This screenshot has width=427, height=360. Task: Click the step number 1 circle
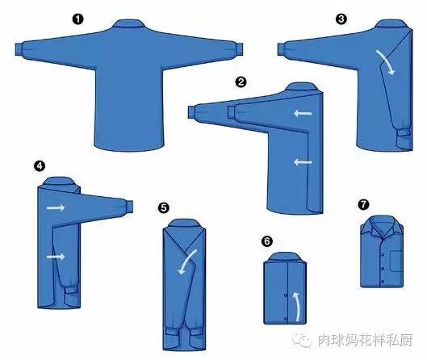pyautogui.click(x=77, y=19)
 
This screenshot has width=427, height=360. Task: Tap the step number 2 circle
pyautogui.click(x=241, y=82)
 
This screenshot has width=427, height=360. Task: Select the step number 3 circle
pyautogui.click(x=341, y=19)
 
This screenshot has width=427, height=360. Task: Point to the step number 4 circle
pyautogui.click(x=40, y=165)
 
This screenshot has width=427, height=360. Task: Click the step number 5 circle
pyautogui.click(x=164, y=208)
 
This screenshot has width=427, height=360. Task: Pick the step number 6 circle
pyautogui.click(x=267, y=241)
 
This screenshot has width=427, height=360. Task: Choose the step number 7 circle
pyautogui.click(x=363, y=204)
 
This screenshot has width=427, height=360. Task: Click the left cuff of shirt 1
pyautogui.click(x=19, y=49)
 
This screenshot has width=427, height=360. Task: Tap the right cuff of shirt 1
pyautogui.click(x=239, y=49)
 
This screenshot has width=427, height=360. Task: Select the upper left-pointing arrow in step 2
pyautogui.click(x=303, y=113)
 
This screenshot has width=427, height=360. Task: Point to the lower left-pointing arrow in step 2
pyautogui.click(x=303, y=162)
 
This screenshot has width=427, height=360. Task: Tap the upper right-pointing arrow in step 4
pyautogui.click(x=56, y=207)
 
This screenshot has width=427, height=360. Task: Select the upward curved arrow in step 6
pyautogui.click(x=298, y=307)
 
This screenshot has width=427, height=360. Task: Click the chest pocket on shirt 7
pyautogui.click(x=396, y=261)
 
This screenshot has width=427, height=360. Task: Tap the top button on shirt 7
pyautogui.click(x=383, y=255)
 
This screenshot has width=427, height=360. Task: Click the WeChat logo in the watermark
pyautogui.click(x=302, y=339)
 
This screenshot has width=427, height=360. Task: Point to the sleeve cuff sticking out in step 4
pyautogui.click(x=129, y=207)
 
